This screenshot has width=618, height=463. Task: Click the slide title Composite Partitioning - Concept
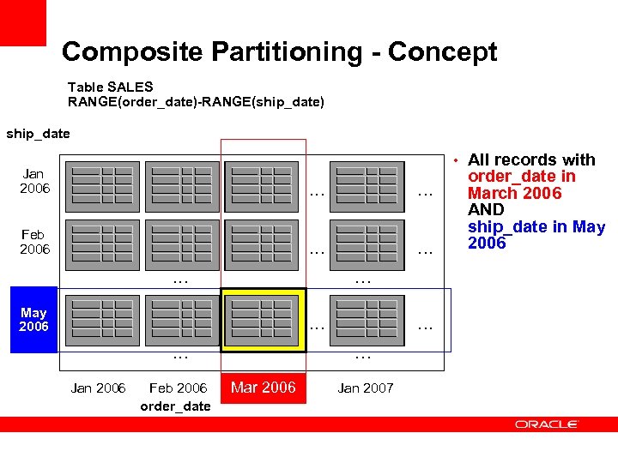[x=279, y=51]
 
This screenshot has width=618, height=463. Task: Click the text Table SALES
[x=110, y=87]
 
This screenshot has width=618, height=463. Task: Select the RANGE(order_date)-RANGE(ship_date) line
[x=196, y=102]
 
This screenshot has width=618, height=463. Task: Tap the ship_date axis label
[x=38, y=133]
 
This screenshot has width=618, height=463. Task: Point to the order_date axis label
[x=174, y=406]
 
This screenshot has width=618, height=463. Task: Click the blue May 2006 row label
[x=33, y=320]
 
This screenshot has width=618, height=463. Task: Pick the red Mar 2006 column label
[x=264, y=388]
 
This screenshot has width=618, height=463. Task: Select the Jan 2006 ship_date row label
[x=34, y=181]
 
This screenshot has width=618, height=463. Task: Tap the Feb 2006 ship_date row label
[x=34, y=242]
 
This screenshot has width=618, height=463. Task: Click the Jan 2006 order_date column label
[x=98, y=388]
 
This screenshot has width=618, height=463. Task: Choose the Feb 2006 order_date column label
[x=178, y=388]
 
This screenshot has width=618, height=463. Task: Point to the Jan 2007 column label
[x=366, y=388]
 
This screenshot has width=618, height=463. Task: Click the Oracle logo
[x=547, y=424]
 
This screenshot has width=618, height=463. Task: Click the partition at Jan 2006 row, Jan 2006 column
[x=102, y=186]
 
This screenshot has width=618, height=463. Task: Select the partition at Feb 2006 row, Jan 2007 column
[x=367, y=246]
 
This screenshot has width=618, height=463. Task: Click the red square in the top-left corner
[x=22, y=22]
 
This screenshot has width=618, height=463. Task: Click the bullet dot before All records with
[x=458, y=160]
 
